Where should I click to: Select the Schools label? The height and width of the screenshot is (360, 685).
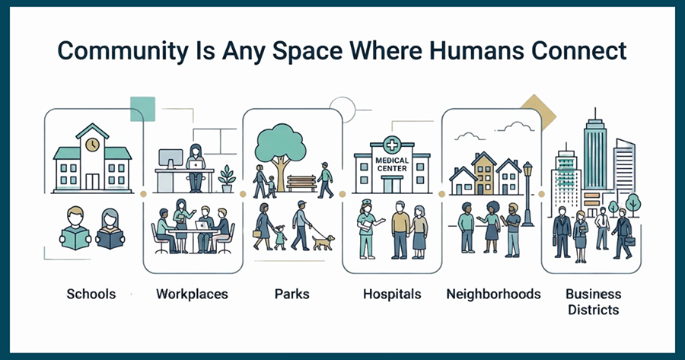[91, 294]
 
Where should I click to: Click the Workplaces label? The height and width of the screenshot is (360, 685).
[193, 294]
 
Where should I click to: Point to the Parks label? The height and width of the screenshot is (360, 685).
[292, 294]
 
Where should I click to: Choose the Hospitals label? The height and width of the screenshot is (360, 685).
[392, 294]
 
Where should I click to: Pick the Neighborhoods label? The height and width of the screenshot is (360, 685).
[494, 294]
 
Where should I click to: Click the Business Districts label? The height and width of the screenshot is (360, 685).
[593, 302]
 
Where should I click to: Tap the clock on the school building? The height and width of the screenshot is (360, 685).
[92, 145]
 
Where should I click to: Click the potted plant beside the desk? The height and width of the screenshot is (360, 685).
[227, 179]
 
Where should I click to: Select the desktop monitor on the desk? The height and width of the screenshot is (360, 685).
[170, 159]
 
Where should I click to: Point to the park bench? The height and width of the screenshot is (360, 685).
[301, 183]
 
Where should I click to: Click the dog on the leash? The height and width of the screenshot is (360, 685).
[323, 243]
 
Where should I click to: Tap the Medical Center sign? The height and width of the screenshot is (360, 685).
[392, 164]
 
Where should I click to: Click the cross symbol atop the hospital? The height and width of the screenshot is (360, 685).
[392, 145]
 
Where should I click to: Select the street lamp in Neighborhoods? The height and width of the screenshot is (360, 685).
[527, 193]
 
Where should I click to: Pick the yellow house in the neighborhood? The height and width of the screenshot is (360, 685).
[483, 174]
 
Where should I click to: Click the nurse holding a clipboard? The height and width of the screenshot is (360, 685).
[367, 228]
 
